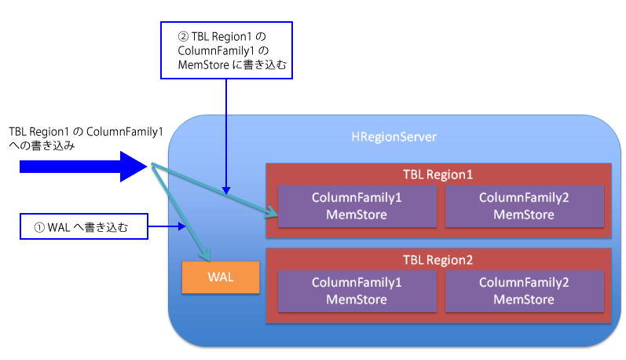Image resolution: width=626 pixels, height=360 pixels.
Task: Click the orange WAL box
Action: coord(221,277)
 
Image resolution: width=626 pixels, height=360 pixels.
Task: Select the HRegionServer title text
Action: coord(394,137)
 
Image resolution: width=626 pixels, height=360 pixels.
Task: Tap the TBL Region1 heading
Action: coord(437,174)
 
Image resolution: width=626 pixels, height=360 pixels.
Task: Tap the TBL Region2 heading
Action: coord(437,260)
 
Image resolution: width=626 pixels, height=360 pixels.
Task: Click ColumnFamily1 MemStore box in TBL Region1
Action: coord(357,206)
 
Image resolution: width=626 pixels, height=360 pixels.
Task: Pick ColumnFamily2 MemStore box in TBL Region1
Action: coord(524,206)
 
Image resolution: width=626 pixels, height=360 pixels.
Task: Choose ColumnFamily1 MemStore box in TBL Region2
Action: coord(357,291)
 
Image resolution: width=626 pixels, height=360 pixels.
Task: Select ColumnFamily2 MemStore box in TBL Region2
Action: coord(524,291)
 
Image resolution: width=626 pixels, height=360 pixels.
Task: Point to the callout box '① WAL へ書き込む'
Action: coord(84,226)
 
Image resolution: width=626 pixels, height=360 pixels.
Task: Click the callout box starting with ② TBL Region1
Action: coord(226,50)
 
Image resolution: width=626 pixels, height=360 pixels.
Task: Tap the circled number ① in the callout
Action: coord(39,228)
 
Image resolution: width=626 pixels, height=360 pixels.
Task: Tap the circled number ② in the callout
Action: coord(183,37)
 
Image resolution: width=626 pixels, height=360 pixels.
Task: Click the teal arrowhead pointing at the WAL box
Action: coord(206,255)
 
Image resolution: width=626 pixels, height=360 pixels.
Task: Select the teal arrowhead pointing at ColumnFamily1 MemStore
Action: coord(272,211)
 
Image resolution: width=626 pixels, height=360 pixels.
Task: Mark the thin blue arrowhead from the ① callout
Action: coord(182,226)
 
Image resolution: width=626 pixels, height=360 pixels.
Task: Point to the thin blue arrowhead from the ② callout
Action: coord(226,190)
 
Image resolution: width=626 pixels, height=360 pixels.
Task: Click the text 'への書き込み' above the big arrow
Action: coord(42,146)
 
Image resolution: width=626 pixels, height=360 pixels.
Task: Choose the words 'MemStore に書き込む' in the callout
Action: coord(232,64)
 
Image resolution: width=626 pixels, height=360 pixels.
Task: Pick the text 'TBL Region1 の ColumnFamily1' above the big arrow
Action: coord(86,132)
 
